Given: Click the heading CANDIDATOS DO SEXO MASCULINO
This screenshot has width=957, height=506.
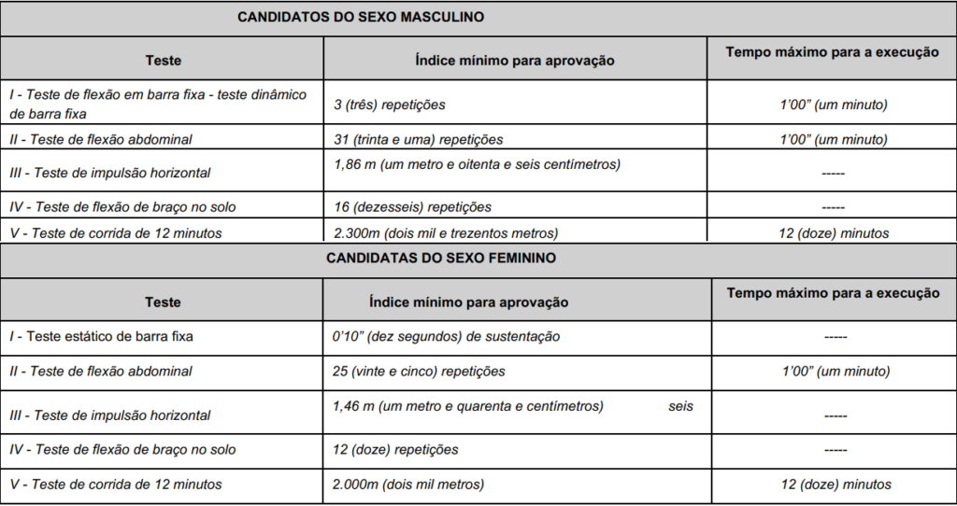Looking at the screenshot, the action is pyautogui.click(x=360, y=17).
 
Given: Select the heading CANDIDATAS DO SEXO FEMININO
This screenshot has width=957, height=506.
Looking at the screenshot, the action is pyautogui.click(x=441, y=258).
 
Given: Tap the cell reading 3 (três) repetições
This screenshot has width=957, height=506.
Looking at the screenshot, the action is pyautogui.click(x=390, y=105).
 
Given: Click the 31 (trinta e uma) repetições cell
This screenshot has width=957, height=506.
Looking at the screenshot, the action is pyautogui.click(x=418, y=140).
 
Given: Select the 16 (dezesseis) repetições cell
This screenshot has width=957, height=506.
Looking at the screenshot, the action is pyautogui.click(x=412, y=206).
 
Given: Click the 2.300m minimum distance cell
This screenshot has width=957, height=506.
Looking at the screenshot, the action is pyautogui.click(x=445, y=233).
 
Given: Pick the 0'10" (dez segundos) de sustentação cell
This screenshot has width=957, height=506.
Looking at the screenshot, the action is pyautogui.click(x=446, y=336).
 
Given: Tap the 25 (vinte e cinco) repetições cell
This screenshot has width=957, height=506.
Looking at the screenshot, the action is pyautogui.click(x=419, y=372).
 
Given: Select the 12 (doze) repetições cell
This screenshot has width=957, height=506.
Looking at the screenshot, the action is pyautogui.click(x=395, y=450).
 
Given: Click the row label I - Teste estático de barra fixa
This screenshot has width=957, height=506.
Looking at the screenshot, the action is pyautogui.click(x=100, y=336).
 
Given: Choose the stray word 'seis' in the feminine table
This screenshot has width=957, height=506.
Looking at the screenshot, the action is pyautogui.click(x=681, y=407).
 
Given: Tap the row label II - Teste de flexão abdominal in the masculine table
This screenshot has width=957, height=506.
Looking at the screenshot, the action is pyautogui.click(x=100, y=140).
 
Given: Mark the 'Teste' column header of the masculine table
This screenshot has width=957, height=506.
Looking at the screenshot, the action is pyautogui.click(x=164, y=61).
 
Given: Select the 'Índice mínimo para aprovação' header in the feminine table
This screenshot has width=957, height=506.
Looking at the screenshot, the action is pyautogui.click(x=468, y=302).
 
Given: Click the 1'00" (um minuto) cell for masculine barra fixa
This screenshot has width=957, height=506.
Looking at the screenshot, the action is pyautogui.click(x=834, y=105).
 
